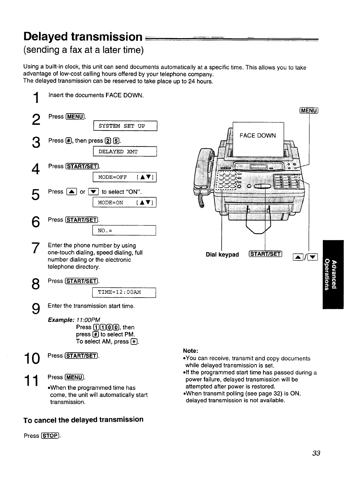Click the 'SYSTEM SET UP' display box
point(125,126)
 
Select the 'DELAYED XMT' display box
point(125,152)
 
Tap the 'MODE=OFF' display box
point(125,177)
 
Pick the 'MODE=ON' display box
point(125,203)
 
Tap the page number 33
point(316,453)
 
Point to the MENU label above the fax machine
point(309,111)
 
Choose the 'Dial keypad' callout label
point(222,255)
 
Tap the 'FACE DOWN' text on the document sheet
point(258,135)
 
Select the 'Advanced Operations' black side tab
point(333,274)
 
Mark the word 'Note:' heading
point(190,351)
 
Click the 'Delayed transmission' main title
point(83,36)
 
